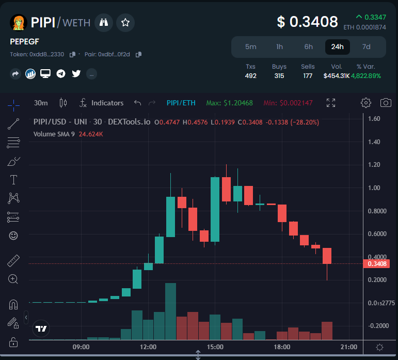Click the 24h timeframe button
[338, 46]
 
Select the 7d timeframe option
[366, 46]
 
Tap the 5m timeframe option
[250, 46]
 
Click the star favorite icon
[125, 22]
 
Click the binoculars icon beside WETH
[104, 22]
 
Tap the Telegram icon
[61, 74]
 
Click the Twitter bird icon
[76, 74]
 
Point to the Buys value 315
[279, 76]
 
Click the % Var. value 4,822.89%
[365, 76]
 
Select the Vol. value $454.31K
[336, 76]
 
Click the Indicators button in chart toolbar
[102, 103]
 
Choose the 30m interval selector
[41, 103]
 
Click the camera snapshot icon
[385, 103]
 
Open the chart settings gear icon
[366, 103]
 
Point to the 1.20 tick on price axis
[374, 165]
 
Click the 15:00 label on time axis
[215, 347]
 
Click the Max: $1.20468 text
[229, 103]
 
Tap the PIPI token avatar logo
[18, 22]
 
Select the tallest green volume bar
[170, 311]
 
